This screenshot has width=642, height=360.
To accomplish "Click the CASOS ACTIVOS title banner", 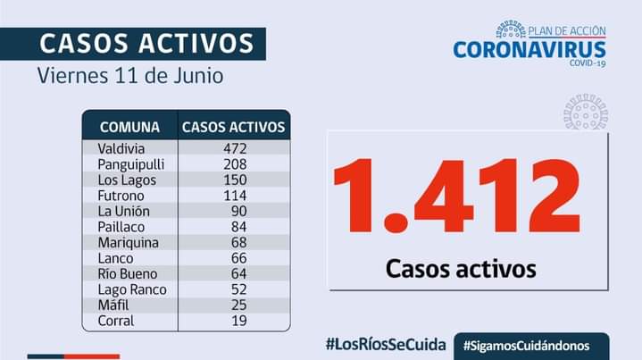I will coord(147,43).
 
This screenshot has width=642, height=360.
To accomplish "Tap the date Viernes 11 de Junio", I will coord(130,75).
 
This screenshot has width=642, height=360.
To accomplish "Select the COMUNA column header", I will coord(130,127).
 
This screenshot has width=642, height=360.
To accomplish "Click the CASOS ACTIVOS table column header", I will coord(234,127).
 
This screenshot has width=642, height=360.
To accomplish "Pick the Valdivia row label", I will coord(122,148).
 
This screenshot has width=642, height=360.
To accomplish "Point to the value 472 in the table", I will coord(235,148).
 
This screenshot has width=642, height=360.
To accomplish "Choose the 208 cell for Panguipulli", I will coord(235,164).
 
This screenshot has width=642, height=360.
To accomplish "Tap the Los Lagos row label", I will coord(127,180).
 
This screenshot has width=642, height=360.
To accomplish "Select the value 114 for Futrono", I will coord(235,196).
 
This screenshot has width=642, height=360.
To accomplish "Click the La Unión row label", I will coord(124,211).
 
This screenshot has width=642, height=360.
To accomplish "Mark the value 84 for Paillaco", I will coord(238,227).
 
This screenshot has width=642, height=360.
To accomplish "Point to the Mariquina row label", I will coord(129,242).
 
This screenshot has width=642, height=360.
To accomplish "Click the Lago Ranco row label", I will coord(132,289).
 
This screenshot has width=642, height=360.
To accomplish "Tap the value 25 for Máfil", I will coord(238,305).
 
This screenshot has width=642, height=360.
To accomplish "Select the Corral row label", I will coord(117,321).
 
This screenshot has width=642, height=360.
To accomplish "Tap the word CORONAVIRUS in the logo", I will coord(529,49).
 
